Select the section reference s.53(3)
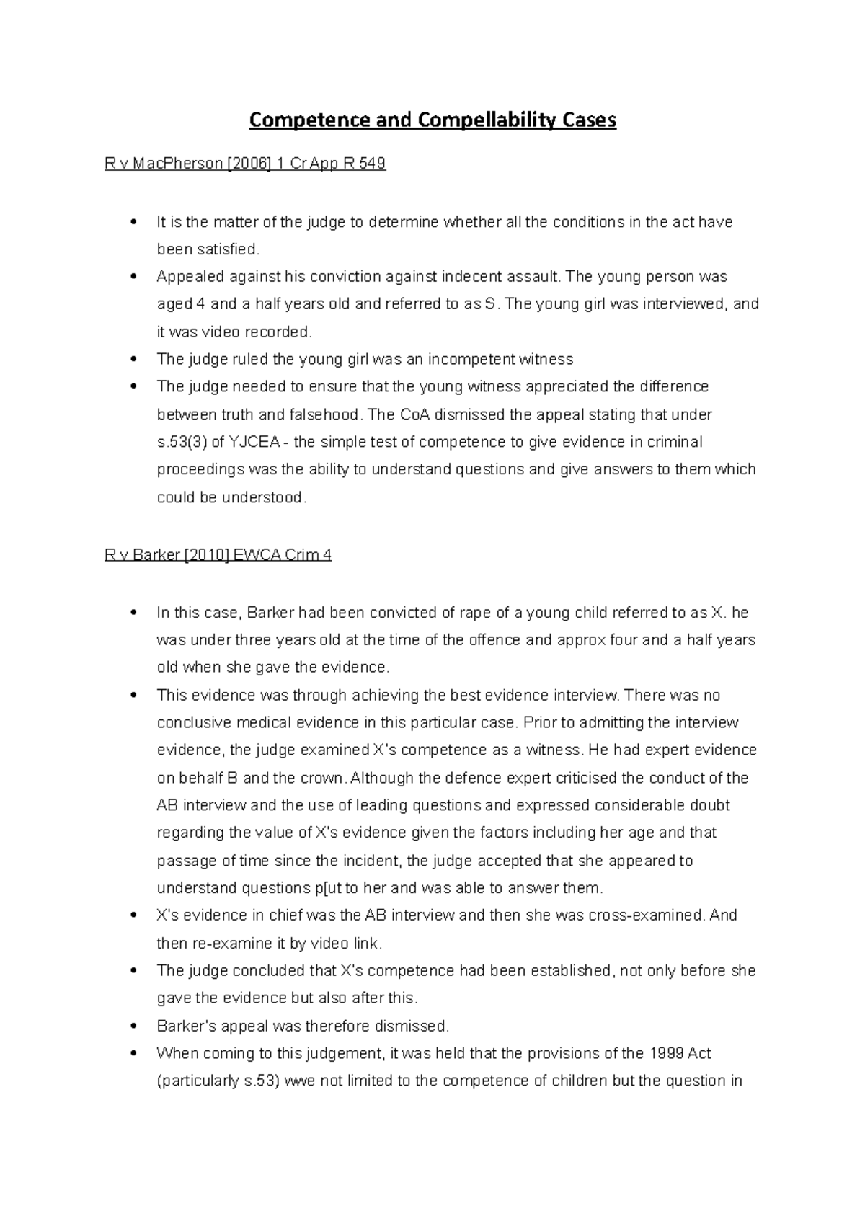[182, 442]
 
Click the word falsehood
[324, 414]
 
